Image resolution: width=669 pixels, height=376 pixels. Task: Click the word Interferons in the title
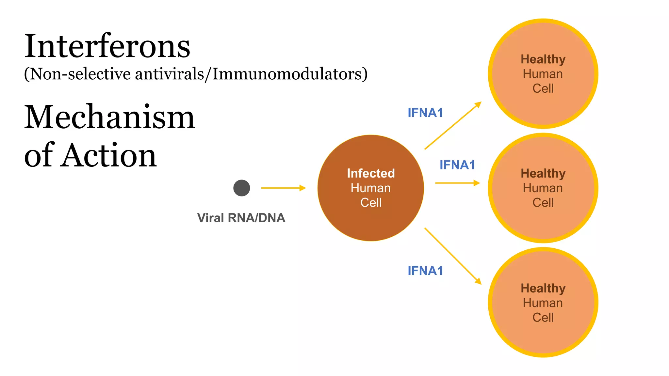pyautogui.click(x=107, y=46)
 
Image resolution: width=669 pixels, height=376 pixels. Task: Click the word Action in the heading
pyautogui.click(x=110, y=156)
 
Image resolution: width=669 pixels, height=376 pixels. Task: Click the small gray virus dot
pyautogui.click(x=242, y=188)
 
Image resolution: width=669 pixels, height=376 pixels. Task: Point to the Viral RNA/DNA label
pyautogui.click(x=241, y=218)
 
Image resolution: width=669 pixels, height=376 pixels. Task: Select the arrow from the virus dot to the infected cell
pyautogui.click(x=283, y=188)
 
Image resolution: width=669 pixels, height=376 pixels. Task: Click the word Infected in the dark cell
pyautogui.click(x=371, y=173)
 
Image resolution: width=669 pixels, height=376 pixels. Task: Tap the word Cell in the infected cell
pyautogui.click(x=371, y=203)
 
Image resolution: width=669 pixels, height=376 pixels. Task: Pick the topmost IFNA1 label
pyautogui.click(x=425, y=113)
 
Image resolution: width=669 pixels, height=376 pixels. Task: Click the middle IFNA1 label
pyautogui.click(x=457, y=165)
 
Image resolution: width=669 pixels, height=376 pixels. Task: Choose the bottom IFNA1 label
pyautogui.click(x=425, y=271)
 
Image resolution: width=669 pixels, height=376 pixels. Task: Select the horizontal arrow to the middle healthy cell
pyautogui.click(x=457, y=183)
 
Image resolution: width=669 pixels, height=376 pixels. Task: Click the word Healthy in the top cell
pyautogui.click(x=543, y=59)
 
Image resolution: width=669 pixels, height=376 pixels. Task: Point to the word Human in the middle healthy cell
pyautogui.click(x=543, y=188)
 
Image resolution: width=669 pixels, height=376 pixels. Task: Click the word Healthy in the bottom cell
pyautogui.click(x=543, y=289)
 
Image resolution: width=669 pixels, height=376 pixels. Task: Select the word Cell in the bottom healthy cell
pyautogui.click(x=543, y=318)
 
